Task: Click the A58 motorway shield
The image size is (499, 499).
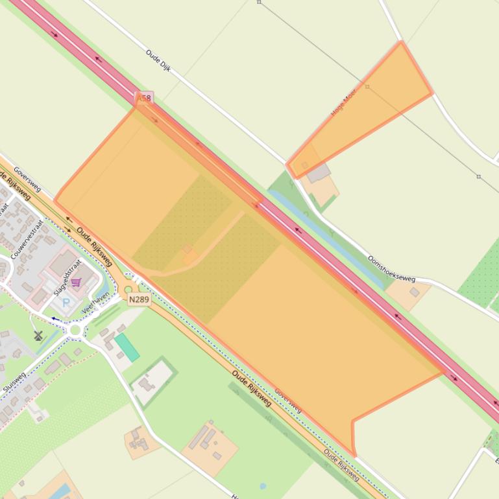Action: coord(143,99)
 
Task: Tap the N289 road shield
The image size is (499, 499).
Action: coord(139,299)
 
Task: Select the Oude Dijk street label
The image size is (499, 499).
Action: coord(158,60)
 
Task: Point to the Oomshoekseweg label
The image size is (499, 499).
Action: coord(391,268)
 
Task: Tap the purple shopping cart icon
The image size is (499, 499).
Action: coord(76,283)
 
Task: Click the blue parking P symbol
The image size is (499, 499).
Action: coord(66,303)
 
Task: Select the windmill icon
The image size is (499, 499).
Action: coord(38,335)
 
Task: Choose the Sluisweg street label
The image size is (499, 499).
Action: coord(14,384)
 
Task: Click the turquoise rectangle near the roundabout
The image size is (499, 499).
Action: coord(127,347)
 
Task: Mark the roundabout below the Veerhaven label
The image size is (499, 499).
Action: coord(75,331)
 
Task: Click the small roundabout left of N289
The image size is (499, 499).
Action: coord(128,290)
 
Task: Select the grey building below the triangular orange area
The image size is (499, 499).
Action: coord(318,173)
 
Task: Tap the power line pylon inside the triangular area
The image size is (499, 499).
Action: coord(367,86)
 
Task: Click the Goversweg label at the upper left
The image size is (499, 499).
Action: coord(27,180)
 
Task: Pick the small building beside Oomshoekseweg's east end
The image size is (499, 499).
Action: coord(414,292)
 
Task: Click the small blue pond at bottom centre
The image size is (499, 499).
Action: coord(262,485)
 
